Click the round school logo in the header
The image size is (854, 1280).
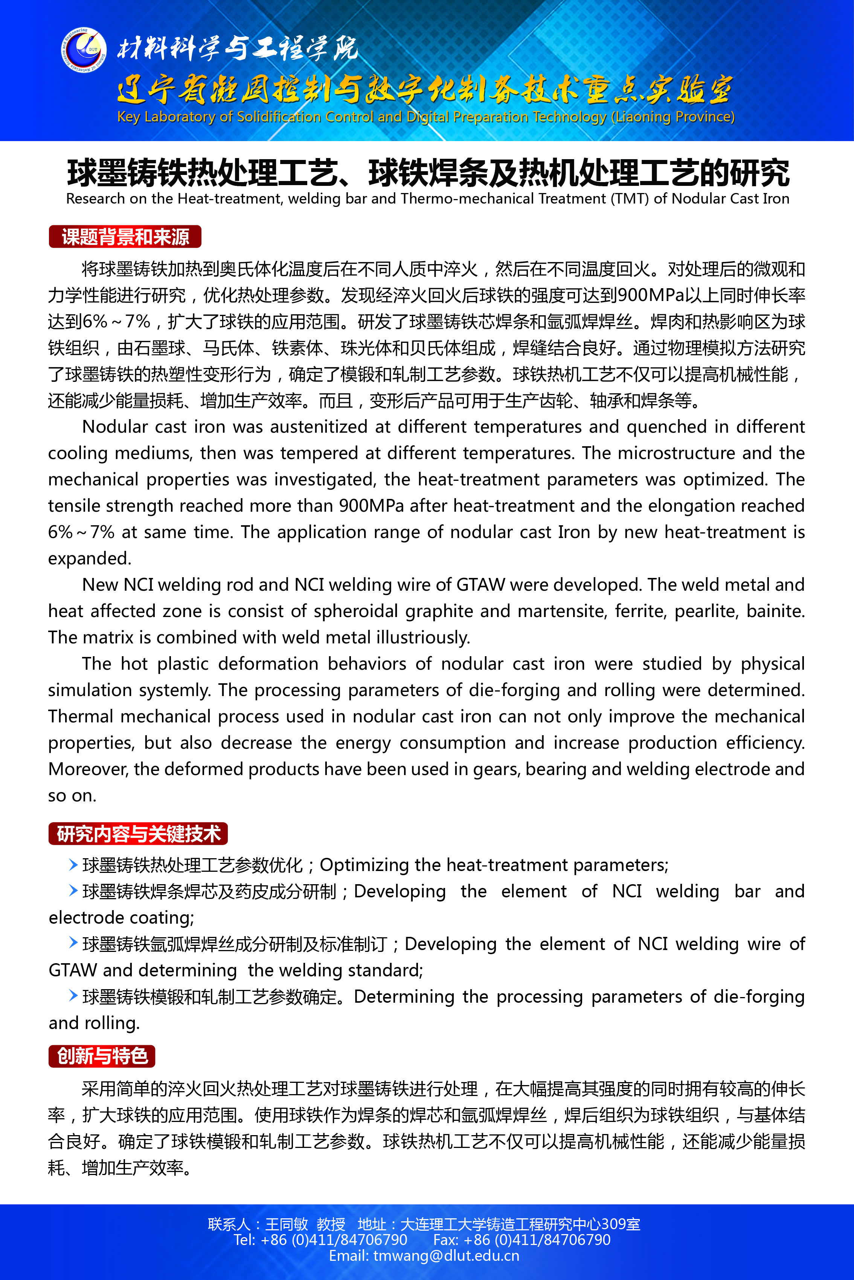83,50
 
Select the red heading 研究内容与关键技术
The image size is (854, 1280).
138,834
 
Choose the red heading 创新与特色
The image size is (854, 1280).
102,1056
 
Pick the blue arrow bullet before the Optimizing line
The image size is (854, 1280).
73,864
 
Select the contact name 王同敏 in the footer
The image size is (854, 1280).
287,1224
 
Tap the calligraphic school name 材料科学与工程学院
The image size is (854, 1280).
238,49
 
